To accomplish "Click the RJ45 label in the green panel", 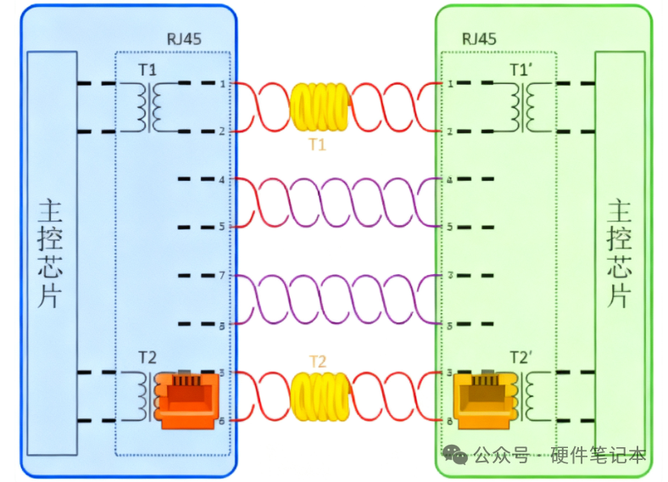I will [479, 39].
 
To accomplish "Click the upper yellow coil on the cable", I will [319, 108].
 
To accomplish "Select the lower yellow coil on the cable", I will [319, 396].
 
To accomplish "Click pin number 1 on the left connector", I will [223, 84].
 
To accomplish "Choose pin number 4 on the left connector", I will [223, 180].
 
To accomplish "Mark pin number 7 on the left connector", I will [223, 276].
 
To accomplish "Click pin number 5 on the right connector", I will [450, 227].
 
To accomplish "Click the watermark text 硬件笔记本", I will [598, 456].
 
